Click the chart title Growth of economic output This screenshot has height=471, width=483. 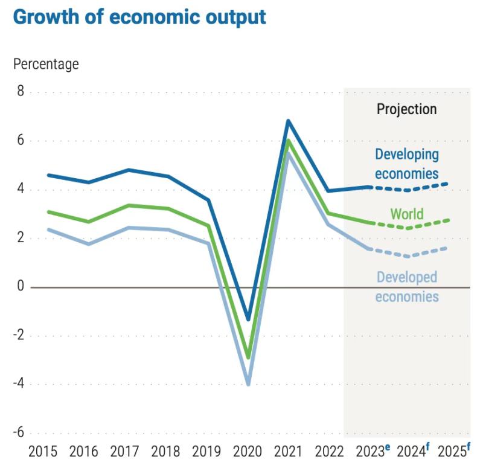click(x=139, y=16)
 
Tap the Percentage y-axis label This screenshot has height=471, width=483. click(x=46, y=63)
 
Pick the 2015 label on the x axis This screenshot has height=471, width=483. click(x=43, y=451)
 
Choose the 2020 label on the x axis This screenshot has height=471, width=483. click(x=248, y=451)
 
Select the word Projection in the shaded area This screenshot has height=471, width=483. click(x=406, y=109)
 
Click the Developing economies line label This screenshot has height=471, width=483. click(x=406, y=164)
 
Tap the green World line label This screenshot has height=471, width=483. click(x=407, y=214)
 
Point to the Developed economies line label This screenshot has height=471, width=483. click(x=407, y=287)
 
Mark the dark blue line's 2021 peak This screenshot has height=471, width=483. click(x=289, y=121)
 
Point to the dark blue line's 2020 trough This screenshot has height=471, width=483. click(x=248, y=319)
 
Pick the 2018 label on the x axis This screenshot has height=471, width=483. click(x=166, y=451)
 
